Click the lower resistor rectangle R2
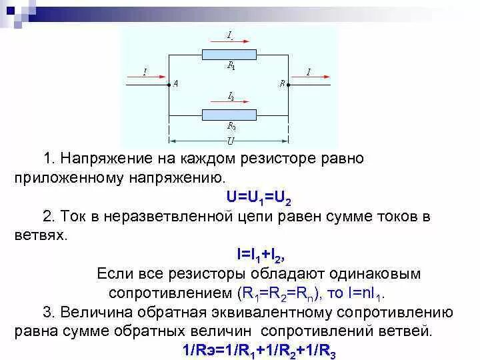[x=229, y=113]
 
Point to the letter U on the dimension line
[x=230, y=141]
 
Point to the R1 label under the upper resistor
[x=231, y=66]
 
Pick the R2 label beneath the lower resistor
[x=231, y=125]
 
